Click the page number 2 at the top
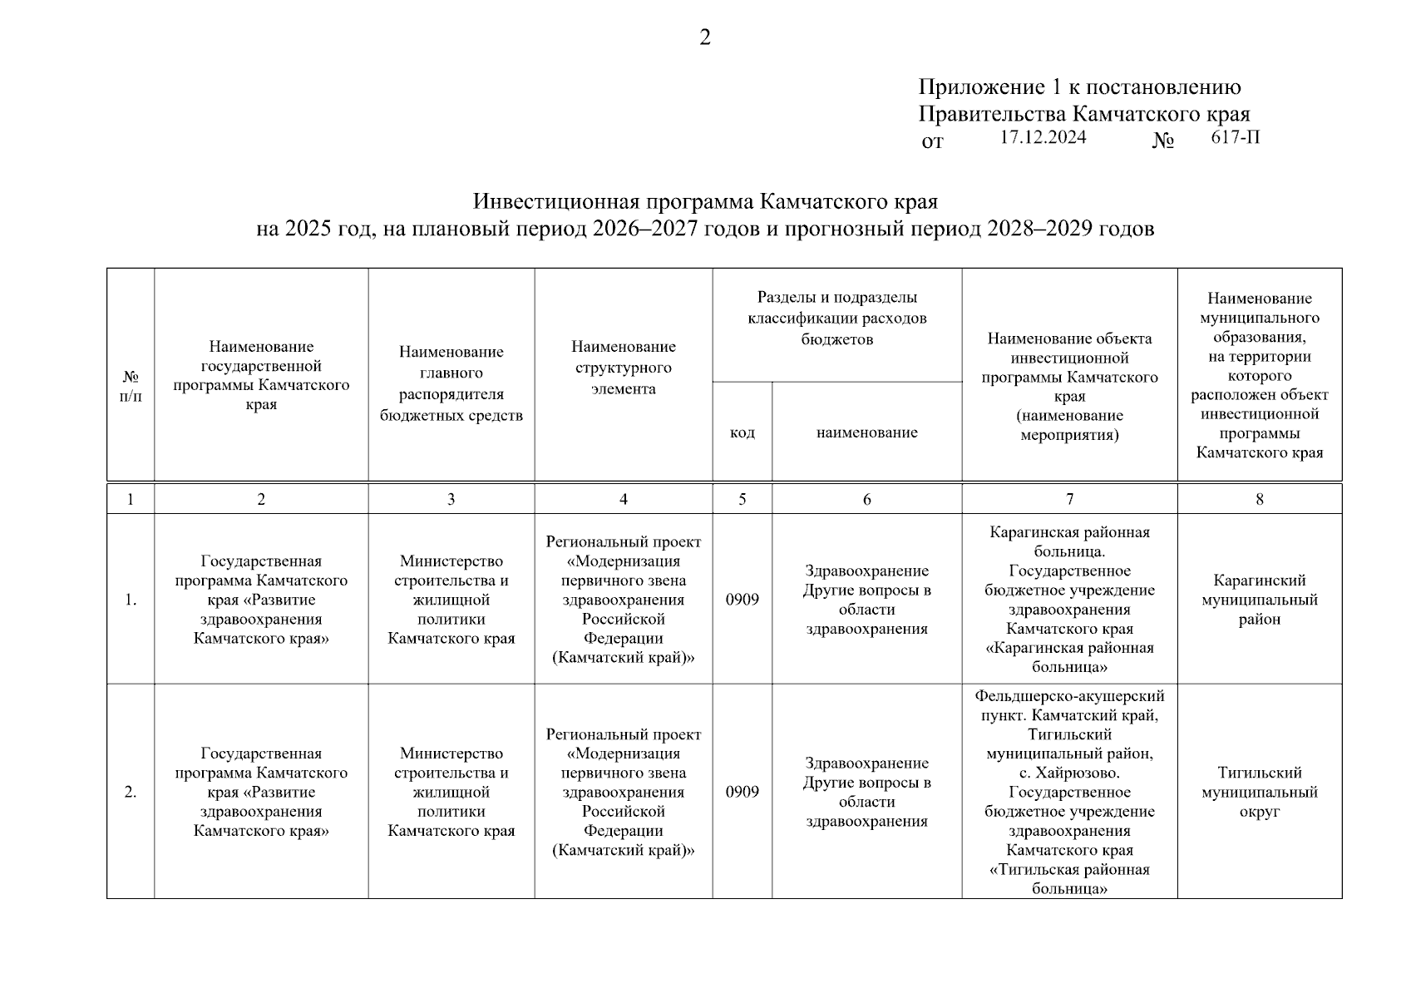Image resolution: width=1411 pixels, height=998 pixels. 705,38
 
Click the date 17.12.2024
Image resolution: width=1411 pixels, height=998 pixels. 1043,138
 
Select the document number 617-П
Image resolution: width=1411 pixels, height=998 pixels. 1235,138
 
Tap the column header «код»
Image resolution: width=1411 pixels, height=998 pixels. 742,432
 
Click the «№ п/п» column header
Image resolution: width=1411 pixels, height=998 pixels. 131,387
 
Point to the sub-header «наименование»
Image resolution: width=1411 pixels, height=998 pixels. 866,432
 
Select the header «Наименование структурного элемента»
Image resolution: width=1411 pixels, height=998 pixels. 623,368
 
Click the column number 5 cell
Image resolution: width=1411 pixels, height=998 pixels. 742,499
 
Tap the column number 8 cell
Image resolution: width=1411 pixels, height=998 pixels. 1259,499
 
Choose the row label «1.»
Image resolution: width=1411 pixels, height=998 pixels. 131,600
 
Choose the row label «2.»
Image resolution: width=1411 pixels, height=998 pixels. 131,792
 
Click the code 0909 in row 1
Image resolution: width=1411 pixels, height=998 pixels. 742,600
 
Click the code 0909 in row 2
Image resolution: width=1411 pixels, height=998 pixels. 742,792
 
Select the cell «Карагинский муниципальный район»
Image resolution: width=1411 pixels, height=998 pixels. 1259,600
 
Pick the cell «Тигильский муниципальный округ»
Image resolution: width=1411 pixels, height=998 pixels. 1259,792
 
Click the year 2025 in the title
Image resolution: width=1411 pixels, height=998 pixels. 307,229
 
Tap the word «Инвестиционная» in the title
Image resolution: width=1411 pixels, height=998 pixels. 557,202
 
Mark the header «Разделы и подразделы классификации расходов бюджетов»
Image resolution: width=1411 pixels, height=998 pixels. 836,318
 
